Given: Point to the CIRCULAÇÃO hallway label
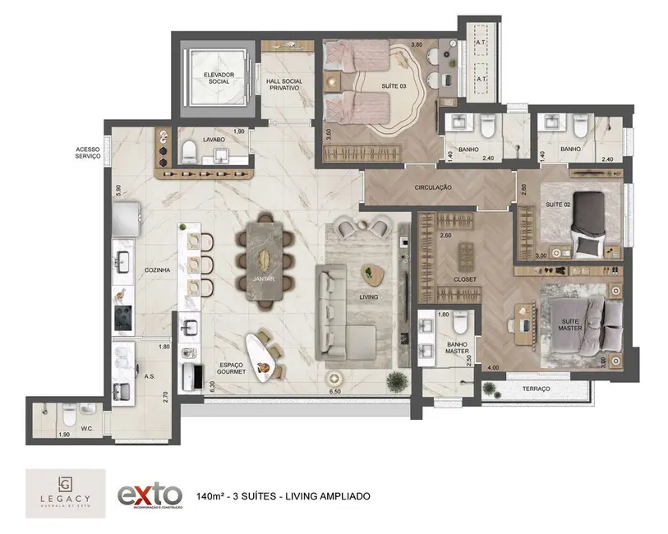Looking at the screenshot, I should (x=432, y=188).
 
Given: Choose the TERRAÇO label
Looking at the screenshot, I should (x=536, y=389).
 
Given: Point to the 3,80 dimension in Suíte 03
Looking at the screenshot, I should (x=417, y=44).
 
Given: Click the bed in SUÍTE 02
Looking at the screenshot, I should (x=593, y=222).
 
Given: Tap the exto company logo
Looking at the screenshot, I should (x=150, y=495).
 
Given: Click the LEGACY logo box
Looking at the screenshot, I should (x=65, y=493).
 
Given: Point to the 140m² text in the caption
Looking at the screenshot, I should (x=212, y=496).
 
